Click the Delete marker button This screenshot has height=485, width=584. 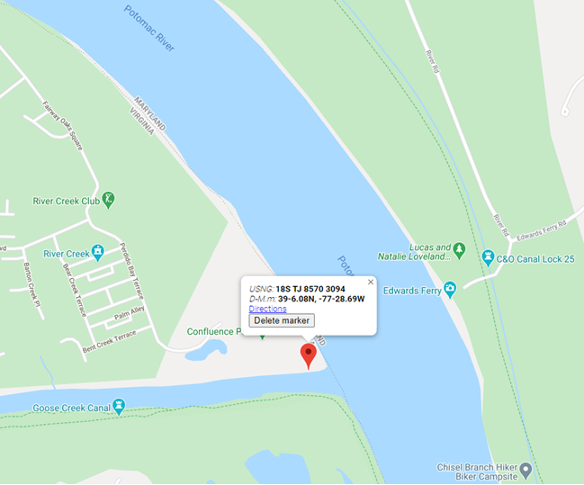click(x=282, y=320)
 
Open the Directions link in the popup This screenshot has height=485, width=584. click(x=267, y=309)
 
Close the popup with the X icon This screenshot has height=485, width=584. click(x=370, y=282)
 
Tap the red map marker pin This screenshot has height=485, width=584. click(x=308, y=355)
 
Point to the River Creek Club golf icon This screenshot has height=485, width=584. click(x=109, y=199)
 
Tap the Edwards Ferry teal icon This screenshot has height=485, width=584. click(x=450, y=288)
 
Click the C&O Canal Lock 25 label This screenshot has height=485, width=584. click(x=536, y=258)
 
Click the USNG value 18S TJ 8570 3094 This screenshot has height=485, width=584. click(x=310, y=289)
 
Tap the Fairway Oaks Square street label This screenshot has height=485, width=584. click(x=62, y=125)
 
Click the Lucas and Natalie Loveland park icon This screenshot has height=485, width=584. click(x=459, y=248)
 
